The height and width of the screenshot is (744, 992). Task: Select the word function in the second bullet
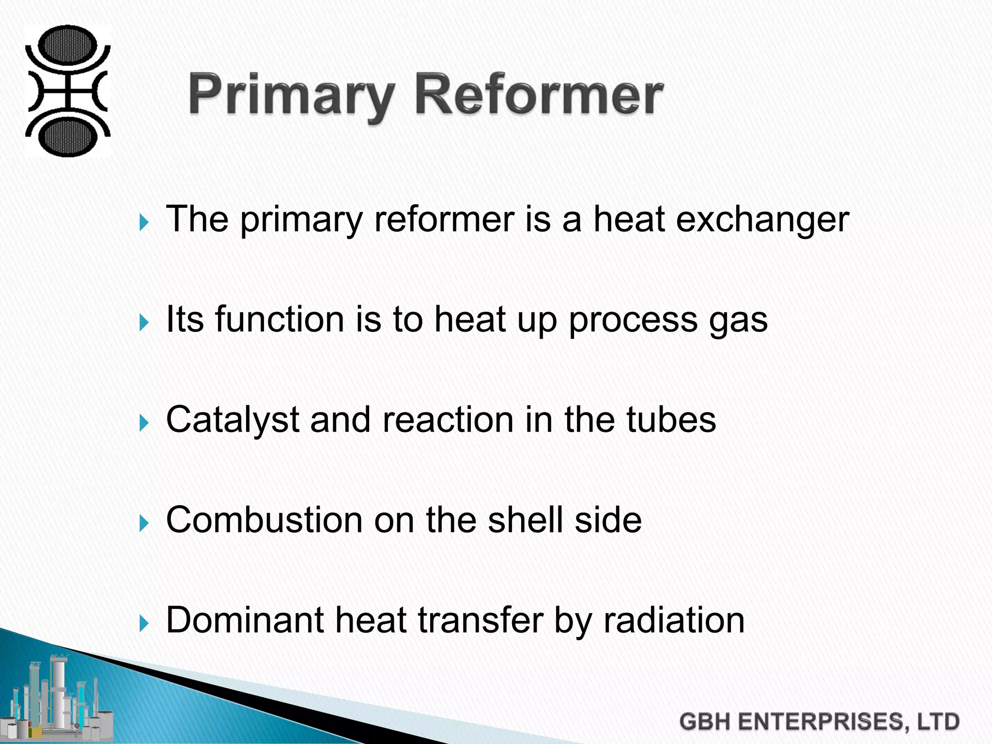tap(279, 319)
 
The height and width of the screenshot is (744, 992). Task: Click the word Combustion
tap(264, 520)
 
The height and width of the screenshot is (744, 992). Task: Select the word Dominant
tap(245, 620)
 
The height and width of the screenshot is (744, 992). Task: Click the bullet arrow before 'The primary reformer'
tap(144, 223)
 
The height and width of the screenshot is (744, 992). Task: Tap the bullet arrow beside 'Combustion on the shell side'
tap(144, 523)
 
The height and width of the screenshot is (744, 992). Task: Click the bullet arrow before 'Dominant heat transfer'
tap(144, 623)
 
